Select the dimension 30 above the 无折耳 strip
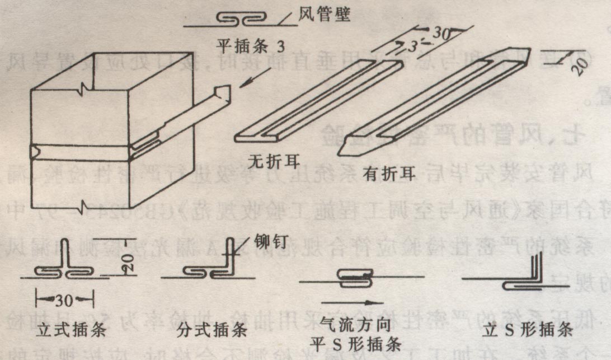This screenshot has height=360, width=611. pos(442,33)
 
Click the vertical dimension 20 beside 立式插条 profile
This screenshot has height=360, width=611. pos(129,261)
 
